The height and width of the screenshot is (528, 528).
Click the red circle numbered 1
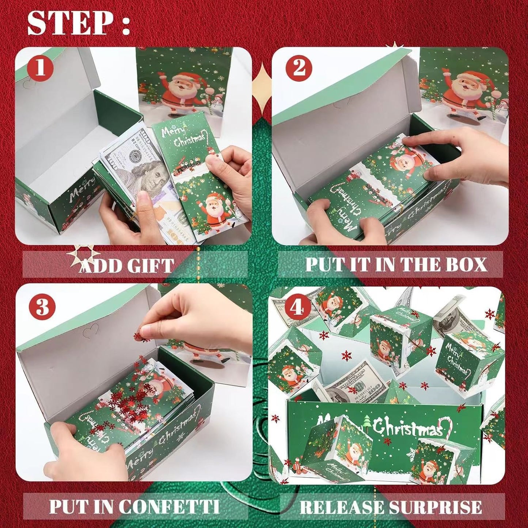(40, 68)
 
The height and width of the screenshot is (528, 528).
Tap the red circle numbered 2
(299, 68)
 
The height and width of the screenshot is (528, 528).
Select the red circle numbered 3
(42, 306)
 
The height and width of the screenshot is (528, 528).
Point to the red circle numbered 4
(297, 308)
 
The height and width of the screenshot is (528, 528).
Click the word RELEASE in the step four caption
(341, 507)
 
